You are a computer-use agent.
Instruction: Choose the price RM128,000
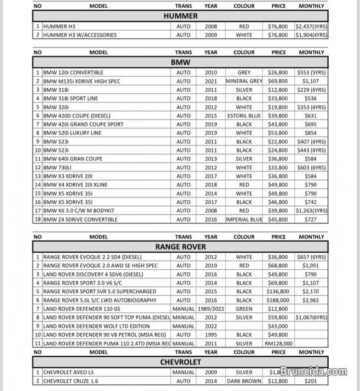point(279,342)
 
